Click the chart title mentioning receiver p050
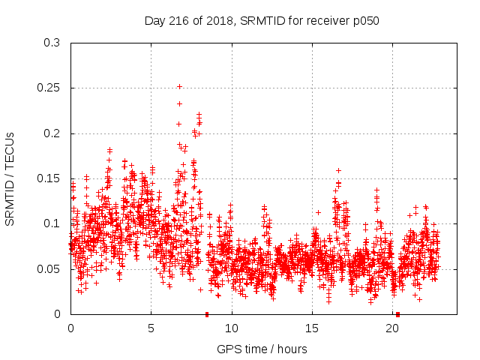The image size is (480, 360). click(262, 21)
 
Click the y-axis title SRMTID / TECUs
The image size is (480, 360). click(10, 178)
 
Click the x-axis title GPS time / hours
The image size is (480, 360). click(262, 349)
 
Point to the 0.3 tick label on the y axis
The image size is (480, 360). click(52, 43)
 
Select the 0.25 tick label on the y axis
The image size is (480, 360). click(49, 88)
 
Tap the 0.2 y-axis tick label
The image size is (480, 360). click(52, 133)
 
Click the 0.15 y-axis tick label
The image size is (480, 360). click(49, 178)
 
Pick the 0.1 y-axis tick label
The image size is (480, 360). click(52, 223)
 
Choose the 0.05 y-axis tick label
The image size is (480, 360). click(49, 268)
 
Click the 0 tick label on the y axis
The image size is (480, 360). click(58, 314)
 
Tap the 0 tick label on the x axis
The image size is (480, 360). click(70, 328)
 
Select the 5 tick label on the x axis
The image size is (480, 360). click(151, 328)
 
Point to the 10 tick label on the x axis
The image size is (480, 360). click(232, 328)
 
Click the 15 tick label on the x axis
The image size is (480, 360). click(312, 328)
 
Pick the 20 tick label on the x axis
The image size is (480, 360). click(392, 328)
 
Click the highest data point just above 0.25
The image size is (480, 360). click(179, 86)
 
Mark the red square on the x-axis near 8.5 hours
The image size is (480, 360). click(207, 314)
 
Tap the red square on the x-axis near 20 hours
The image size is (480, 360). click(397, 314)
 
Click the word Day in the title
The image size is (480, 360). click(154, 21)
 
